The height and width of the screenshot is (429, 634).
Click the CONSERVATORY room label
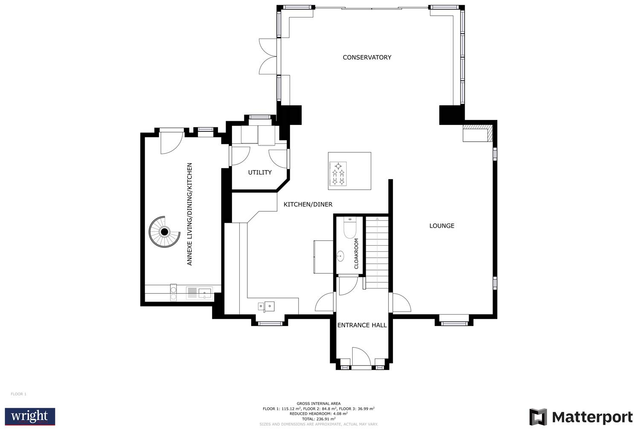pos(367,57)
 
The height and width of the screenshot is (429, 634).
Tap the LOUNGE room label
pos(442,226)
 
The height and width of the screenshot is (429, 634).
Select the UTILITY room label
pos(260,172)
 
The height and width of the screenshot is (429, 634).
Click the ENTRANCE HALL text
pos(362,325)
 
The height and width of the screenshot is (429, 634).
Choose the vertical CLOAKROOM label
pos(356,253)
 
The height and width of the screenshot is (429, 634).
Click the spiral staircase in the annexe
pos(164,232)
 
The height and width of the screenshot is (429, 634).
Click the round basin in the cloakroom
pos(341,256)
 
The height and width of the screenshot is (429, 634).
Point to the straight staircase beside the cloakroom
pos(377,253)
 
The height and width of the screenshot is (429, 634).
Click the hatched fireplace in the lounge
pos(478,132)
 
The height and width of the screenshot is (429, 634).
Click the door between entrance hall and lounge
pos(401,303)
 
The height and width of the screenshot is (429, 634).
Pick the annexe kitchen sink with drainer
pos(199,293)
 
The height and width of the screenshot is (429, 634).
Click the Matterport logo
pos(581,417)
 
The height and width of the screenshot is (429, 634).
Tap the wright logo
pos(30,416)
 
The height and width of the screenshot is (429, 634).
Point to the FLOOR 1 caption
pos(18,394)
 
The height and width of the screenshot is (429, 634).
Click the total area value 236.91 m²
pos(318,418)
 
